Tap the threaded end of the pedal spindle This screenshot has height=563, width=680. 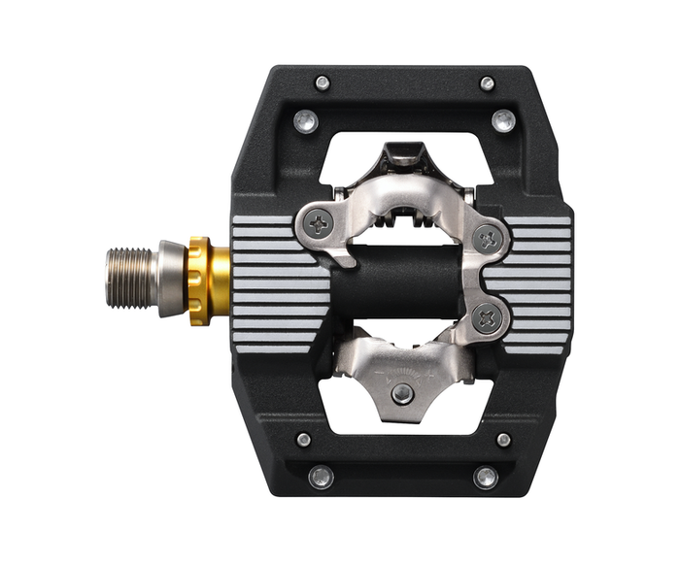(x=129, y=279)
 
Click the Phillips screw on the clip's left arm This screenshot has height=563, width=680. (x=319, y=224)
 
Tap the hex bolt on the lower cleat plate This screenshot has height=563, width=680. (x=401, y=392)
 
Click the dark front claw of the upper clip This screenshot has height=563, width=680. (x=402, y=154)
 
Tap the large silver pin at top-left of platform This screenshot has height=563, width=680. (x=305, y=121)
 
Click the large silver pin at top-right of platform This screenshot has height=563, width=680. (x=503, y=121)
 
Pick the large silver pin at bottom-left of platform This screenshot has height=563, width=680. (x=320, y=477)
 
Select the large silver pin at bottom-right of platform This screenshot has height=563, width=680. (x=486, y=477)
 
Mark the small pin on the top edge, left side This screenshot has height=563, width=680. (x=322, y=83)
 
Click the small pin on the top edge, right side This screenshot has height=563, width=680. (x=487, y=83)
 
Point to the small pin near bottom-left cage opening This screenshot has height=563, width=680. (x=304, y=439)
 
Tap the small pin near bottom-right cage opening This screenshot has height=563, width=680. (x=503, y=439)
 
